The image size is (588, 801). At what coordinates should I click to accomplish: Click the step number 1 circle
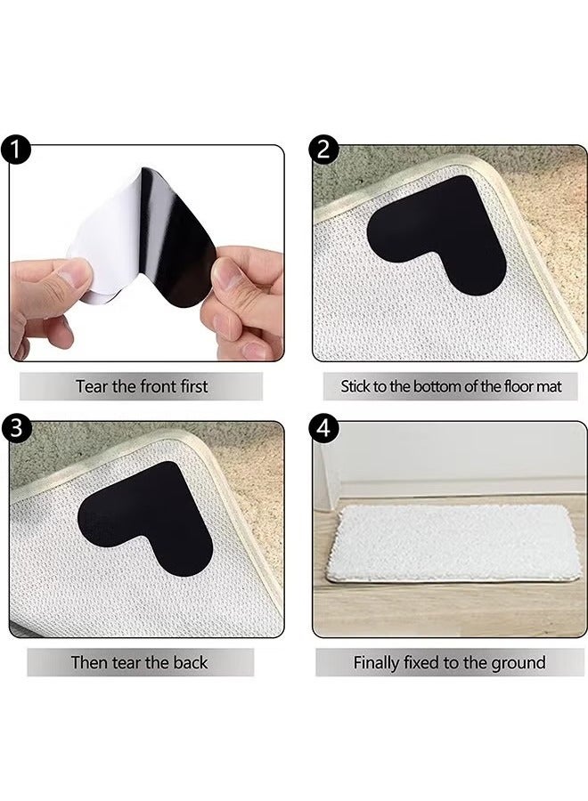pos(15,150)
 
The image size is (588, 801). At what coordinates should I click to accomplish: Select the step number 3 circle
pos(15,426)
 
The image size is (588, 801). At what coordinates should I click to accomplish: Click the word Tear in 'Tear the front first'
pos(92,386)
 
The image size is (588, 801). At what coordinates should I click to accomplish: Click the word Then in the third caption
pos(89,662)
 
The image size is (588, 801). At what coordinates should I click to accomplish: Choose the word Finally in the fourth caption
pos(381,662)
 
